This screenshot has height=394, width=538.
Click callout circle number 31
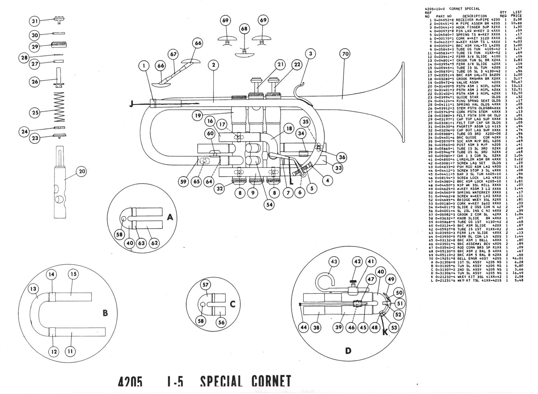(34, 21)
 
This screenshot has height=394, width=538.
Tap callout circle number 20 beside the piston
(81, 172)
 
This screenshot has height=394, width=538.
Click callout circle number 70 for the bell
(345, 54)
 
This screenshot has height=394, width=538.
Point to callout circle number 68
(244, 29)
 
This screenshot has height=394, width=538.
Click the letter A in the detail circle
(170, 217)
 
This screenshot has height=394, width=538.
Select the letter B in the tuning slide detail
(105, 313)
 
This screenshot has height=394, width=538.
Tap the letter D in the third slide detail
(348, 351)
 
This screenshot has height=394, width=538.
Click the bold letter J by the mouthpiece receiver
(131, 104)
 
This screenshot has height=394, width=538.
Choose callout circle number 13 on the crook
(34, 289)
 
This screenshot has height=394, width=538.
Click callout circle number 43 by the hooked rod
(334, 262)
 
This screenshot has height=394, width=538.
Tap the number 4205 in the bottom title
(130, 382)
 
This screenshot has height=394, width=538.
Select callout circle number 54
(269, 205)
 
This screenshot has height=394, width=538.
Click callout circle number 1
(144, 65)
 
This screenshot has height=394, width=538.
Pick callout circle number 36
(342, 157)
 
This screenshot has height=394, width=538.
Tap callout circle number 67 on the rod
(173, 55)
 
